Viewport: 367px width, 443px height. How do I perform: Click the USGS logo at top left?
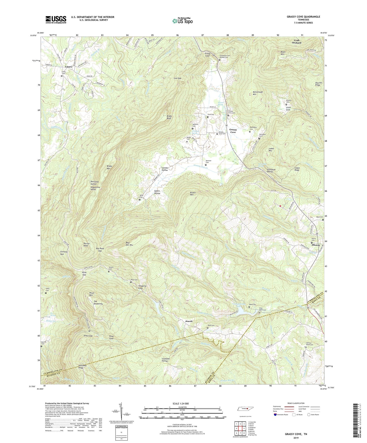pos(56,19)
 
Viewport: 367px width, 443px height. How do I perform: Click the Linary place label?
pos(69,67)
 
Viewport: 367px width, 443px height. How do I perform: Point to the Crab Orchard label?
pos(296,42)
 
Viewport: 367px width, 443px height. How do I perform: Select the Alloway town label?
pos(316,245)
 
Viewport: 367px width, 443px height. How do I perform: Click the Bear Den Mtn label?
pos(130,244)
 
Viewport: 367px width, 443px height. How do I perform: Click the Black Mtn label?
pos(283,53)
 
